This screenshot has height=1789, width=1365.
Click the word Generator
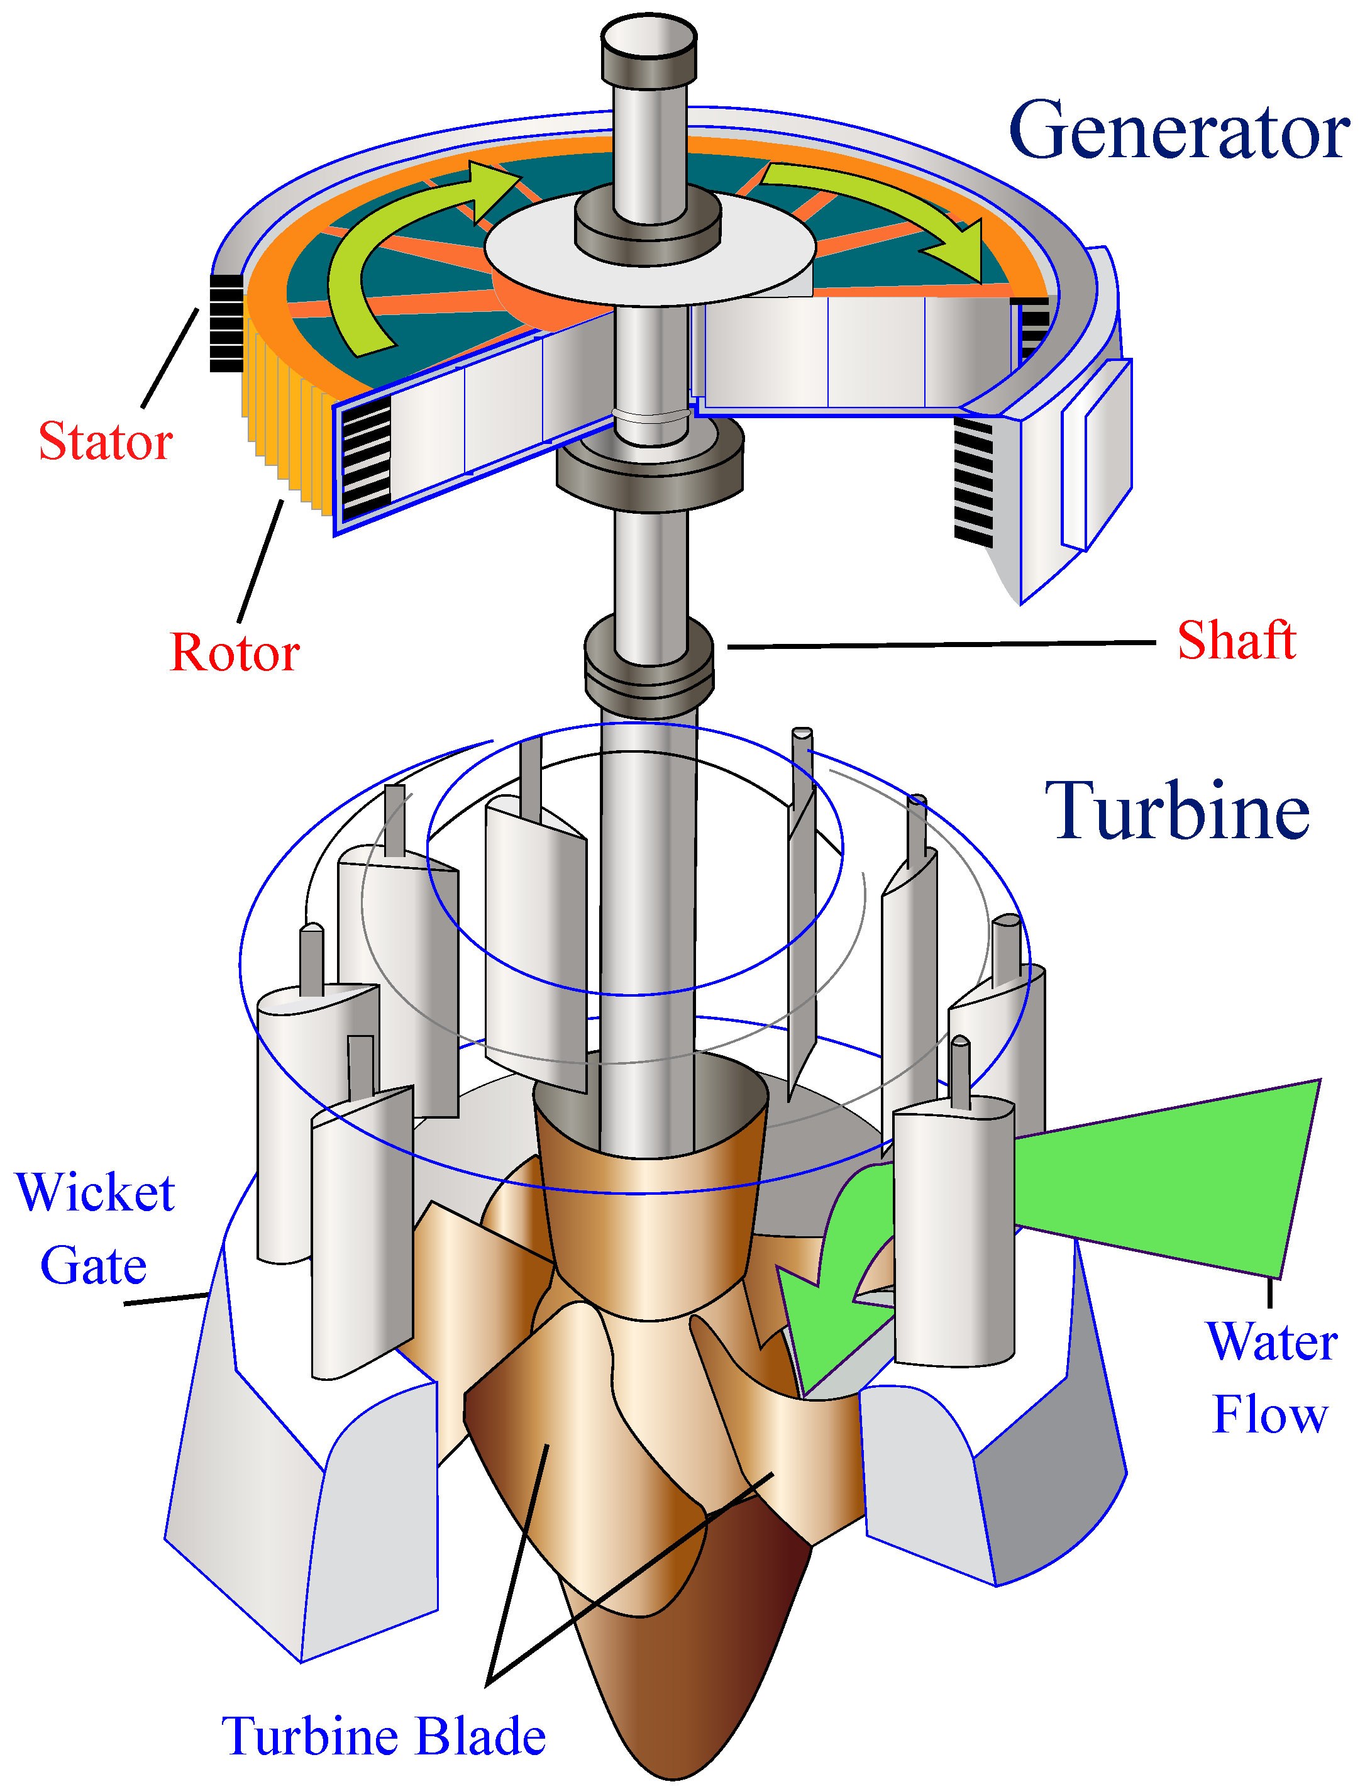click(x=1178, y=130)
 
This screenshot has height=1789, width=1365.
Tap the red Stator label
click(x=106, y=441)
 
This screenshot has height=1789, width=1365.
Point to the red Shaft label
click(x=1236, y=640)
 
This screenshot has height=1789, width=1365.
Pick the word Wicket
click(x=95, y=1193)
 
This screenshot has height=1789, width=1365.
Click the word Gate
click(x=94, y=1266)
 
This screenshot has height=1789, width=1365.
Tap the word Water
click(x=1271, y=1341)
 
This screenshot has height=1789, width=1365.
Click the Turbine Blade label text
click(x=384, y=1736)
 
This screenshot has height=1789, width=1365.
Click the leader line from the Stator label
click(x=170, y=357)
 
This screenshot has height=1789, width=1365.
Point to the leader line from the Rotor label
click(x=261, y=560)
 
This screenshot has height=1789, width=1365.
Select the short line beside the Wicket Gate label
click(x=167, y=1299)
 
